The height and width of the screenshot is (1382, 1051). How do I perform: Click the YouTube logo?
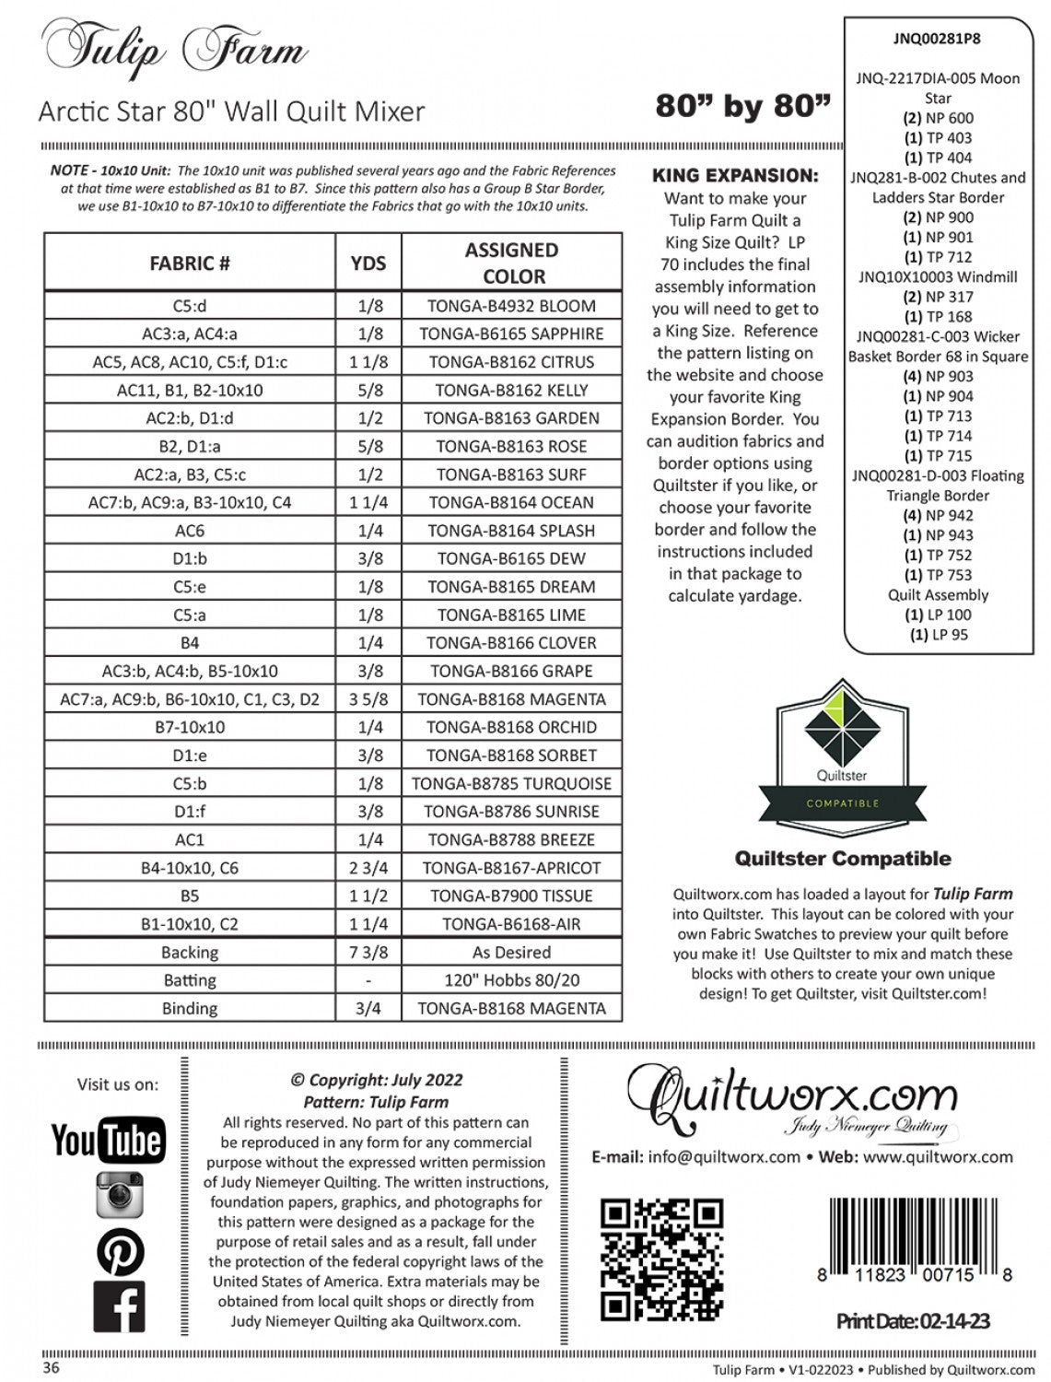click(x=109, y=1140)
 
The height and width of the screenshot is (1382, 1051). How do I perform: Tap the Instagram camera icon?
click(x=120, y=1194)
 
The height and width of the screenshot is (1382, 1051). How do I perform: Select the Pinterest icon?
click(x=120, y=1251)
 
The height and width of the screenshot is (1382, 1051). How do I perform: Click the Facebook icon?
click(x=120, y=1308)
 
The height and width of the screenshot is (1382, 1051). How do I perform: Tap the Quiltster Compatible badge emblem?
click(x=842, y=747)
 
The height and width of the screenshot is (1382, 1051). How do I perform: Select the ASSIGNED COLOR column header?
click(x=512, y=263)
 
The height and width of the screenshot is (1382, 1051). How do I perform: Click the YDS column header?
click(x=368, y=263)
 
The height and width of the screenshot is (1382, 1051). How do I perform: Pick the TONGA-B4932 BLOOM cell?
click(x=512, y=306)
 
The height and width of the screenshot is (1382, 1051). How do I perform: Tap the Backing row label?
click(x=190, y=953)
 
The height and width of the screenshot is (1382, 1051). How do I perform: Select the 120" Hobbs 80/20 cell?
click(x=512, y=980)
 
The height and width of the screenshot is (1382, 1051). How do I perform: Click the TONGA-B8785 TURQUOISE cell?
click(x=512, y=784)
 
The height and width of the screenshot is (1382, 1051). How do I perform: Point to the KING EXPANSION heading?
click(x=734, y=175)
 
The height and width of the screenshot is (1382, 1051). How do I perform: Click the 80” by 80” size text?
click(x=742, y=107)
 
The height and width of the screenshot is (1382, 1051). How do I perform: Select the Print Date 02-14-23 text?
click(x=913, y=1321)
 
